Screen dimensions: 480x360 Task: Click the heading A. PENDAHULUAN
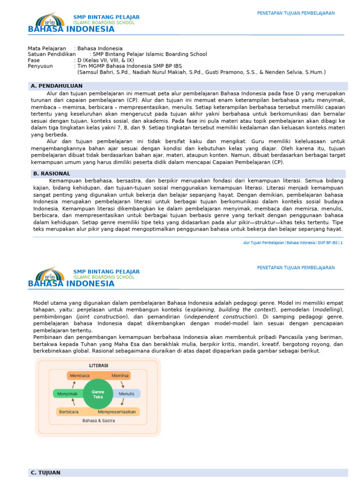click(x=56, y=86)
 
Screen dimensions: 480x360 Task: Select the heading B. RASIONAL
click(x=51, y=173)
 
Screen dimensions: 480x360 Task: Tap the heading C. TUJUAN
click(x=45, y=472)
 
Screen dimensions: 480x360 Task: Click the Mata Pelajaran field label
click(x=47, y=48)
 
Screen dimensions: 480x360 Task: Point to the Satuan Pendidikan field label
click(x=52, y=54)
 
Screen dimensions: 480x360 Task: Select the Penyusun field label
click(x=41, y=67)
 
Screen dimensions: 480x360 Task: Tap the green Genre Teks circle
click(x=98, y=394)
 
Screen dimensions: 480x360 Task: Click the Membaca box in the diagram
click(x=80, y=376)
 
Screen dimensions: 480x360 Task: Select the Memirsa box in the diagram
click(x=120, y=376)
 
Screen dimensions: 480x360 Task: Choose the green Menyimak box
click(x=67, y=394)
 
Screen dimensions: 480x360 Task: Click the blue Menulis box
click(x=127, y=394)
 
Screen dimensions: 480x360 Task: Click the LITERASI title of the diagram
click(x=98, y=366)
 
